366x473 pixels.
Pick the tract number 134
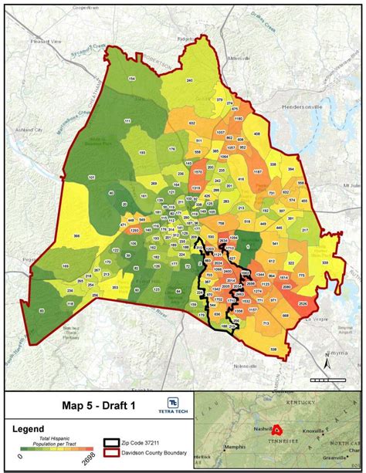pyautogui.click(x=131, y=79)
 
